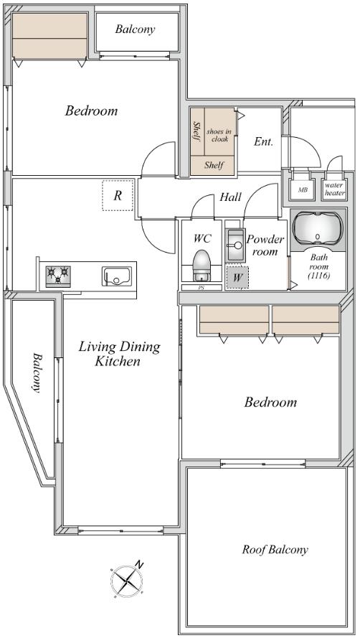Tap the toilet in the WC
click(x=201, y=266)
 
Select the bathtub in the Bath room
click(x=318, y=229)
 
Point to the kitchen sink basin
click(x=117, y=276)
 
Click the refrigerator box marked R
click(x=118, y=196)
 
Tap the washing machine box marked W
click(x=237, y=278)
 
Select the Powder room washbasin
click(x=235, y=245)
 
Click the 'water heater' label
click(x=334, y=189)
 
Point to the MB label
click(x=303, y=189)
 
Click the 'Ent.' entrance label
click(x=263, y=141)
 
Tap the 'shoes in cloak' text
click(x=219, y=135)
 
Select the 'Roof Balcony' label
click(x=275, y=550)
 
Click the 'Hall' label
click(x=231, y=197)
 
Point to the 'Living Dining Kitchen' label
click(x=119, y=354)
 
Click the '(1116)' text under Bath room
click(x=319, y=276)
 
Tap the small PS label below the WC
click(x=201, y=287)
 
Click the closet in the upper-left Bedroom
click(x=49, y=36)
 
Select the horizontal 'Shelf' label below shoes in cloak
click(x=214, y=165)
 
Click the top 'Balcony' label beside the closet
click(x=135, y=29)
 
